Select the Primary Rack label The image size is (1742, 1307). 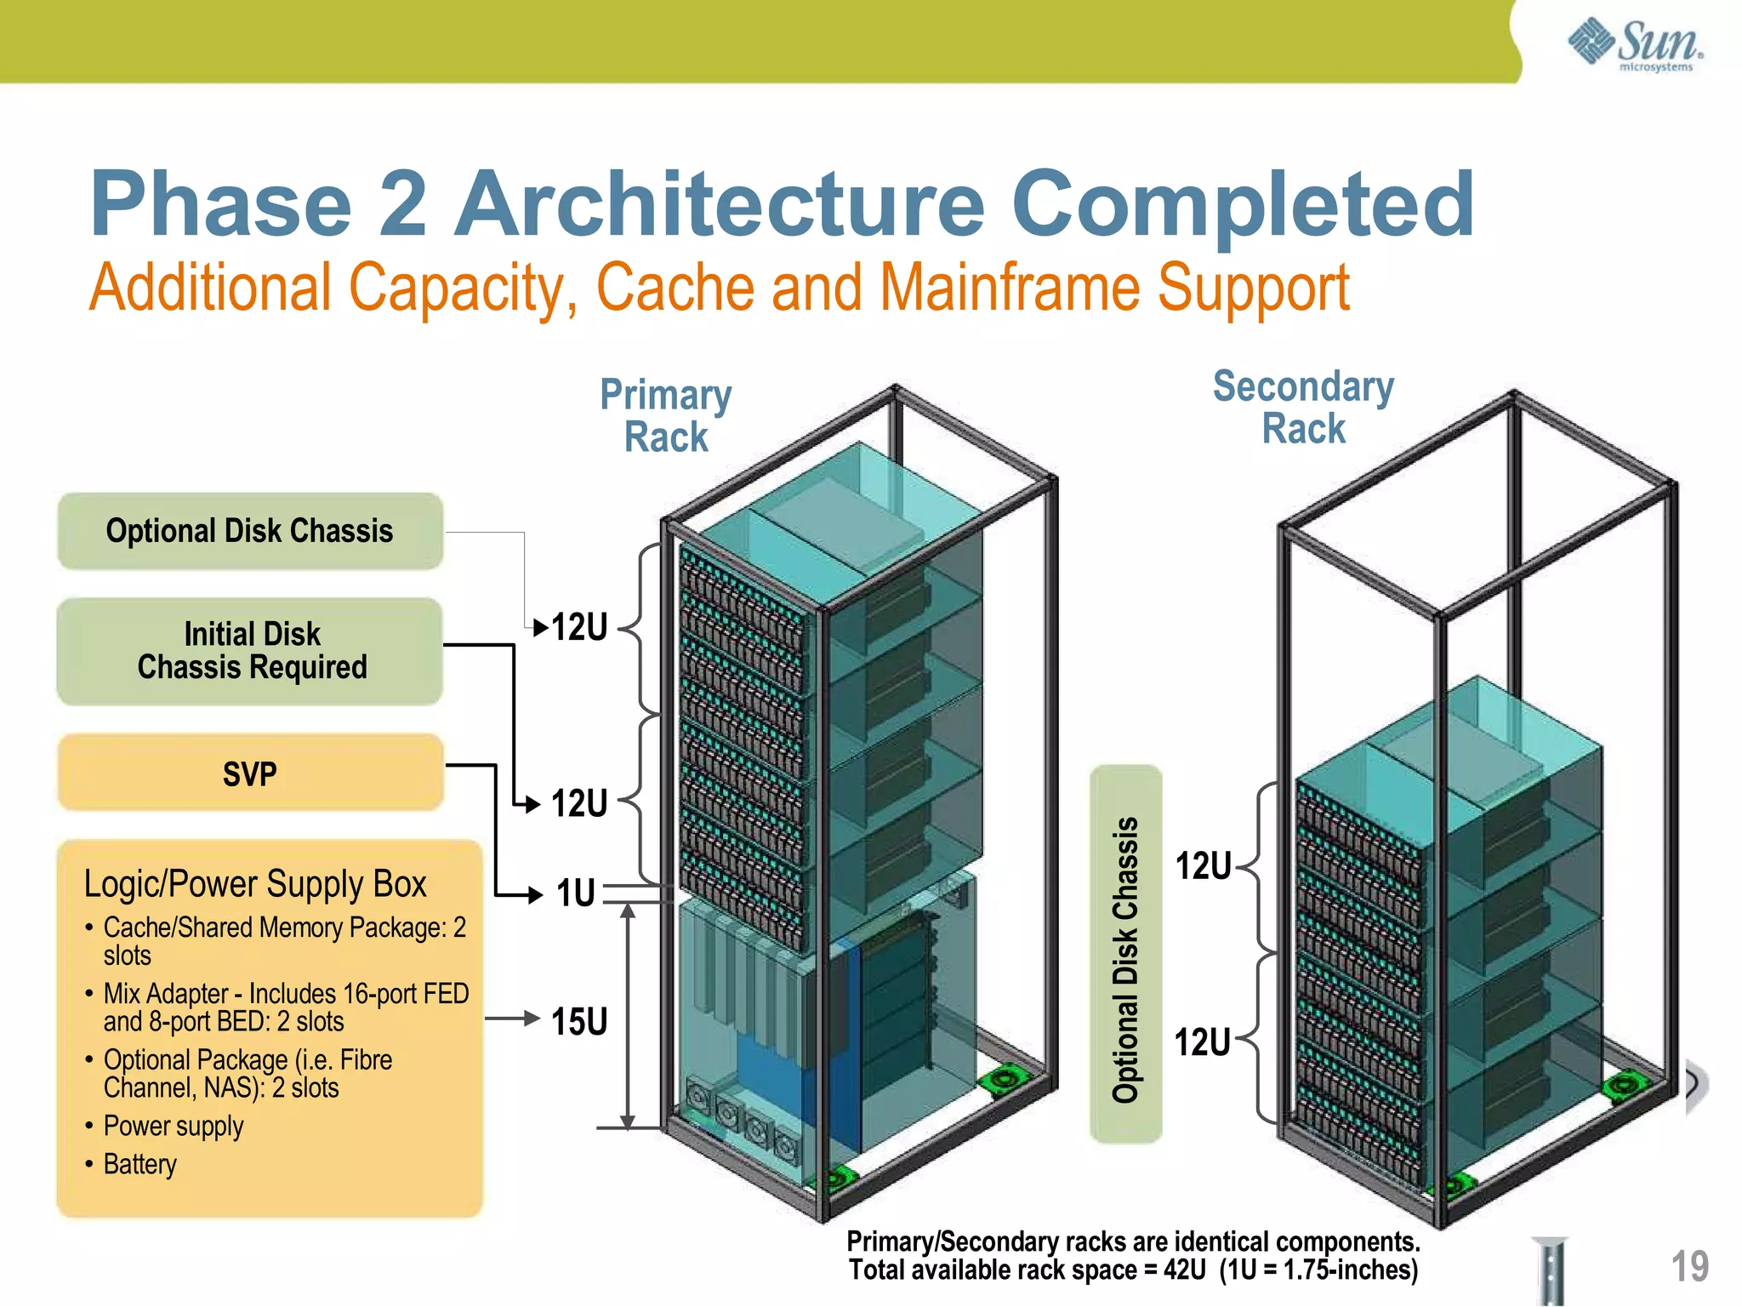pyautogui.click(x=666, y=415)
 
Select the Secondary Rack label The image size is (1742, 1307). pyautogui.click(x=1303, y=407)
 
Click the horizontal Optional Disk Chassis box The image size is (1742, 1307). pyautogui.click(x=250, y=531)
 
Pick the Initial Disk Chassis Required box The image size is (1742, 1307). pyautogui.click(x=250, y=651)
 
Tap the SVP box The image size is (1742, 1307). pyautogui.click(x=250, y=773)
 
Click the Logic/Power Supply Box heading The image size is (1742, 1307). pyautogui.click(x=255, y=884)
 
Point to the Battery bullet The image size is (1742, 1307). pyautogui.click(x=139, y=1163)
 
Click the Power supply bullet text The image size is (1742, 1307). pyautogui.click(x=174, y=1126)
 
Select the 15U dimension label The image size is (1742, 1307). pyautogui.click(x=579, y=1021)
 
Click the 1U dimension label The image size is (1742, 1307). pyautogui.click(x=576, y=893)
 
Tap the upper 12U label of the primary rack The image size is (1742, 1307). pyautogui.click(x=579, y=627)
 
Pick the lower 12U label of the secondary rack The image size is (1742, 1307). pyautogui.click(x=1202, y=1042)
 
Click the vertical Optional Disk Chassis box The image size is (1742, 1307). pyautogui.click(x=1125, y=953)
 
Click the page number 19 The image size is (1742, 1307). pyautogui.click(x=1689, y=1266)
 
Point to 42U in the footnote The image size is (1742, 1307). pyautogui.click(x=1184, y=1270)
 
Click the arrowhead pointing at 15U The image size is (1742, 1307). pyautogui.click(x=533, y=1018)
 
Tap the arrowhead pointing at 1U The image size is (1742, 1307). pyautogui.click(x=535, y=894)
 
